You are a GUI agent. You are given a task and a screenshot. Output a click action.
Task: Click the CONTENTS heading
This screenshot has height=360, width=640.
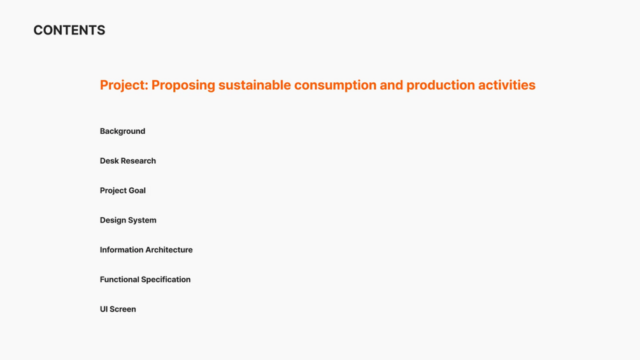coord(69,30)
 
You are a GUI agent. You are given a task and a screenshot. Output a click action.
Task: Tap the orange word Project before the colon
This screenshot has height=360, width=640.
coord(122,85)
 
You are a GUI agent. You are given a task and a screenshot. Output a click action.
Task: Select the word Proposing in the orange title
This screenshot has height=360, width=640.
coord(183,85)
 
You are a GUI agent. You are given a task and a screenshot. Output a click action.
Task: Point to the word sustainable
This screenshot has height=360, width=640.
coord(255,85)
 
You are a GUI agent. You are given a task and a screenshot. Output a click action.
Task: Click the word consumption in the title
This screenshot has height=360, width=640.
coord(335,85)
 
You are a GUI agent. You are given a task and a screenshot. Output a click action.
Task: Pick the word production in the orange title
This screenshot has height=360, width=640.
coord(441,85)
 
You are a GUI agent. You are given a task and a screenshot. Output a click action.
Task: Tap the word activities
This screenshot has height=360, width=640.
coord(507,85)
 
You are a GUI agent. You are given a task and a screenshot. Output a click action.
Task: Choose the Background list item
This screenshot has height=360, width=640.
coord(122,131)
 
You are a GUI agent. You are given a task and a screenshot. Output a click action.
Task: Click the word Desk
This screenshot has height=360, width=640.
coord(109,161)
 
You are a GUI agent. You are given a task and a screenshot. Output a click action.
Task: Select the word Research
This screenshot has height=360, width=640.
coord(138,161)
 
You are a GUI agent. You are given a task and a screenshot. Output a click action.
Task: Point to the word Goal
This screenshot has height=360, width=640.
coord(137,191)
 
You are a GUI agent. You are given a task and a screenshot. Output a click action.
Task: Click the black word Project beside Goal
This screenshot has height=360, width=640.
coord(113,191)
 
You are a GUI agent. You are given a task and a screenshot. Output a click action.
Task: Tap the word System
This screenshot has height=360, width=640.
coord(143,220)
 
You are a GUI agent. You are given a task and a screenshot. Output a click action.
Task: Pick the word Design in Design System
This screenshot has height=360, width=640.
coord(114,220)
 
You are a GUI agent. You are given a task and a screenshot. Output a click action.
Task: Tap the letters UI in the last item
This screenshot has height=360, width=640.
coord(104,310)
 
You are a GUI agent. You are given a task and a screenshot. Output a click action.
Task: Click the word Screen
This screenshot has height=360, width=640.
coord(123,310)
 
